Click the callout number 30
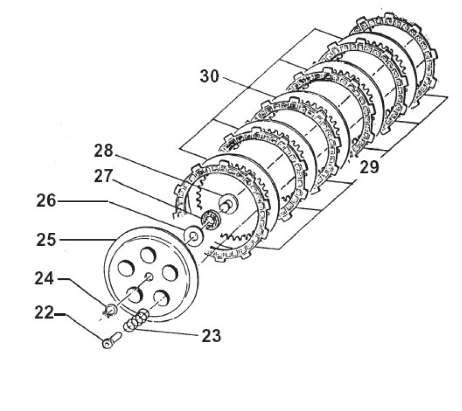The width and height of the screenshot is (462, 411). [x=209, y=76]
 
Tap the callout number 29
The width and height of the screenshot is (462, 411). [x=370, y=168]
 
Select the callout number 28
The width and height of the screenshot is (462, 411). [x=103, y=150]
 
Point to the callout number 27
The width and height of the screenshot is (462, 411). [x=103, y=176]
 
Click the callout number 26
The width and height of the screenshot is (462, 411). [x=46, y=201]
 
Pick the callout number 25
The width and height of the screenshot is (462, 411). [x=46, y=239]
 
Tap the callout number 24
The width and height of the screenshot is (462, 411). [x=44, y=278]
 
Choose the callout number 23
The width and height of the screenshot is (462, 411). [x=211, y=336]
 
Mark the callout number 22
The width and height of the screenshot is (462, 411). [x=44, y=313]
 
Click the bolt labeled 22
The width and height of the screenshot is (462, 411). [x=111, y=340]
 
